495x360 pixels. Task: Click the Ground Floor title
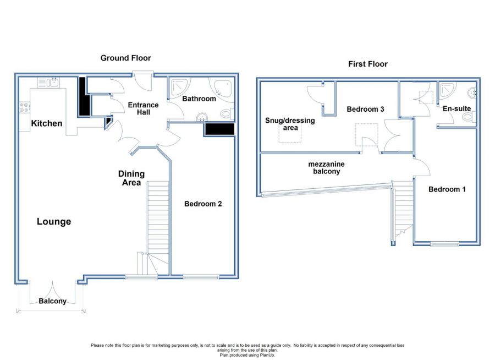pos(125,58)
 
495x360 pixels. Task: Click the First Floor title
pos(368,64)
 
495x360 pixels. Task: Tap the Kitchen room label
pos(47,123)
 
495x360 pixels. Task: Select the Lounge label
pos(54,222)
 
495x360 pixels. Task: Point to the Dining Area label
pos(131,178)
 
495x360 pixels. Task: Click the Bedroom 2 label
pos(203,204)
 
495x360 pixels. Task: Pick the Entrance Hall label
pos(144,108)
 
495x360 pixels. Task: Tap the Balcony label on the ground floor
pos(52,301)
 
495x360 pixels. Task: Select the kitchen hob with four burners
pos(25,107)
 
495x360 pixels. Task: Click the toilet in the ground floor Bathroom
pos(227,113)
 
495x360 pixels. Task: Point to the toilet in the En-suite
pos(469,118)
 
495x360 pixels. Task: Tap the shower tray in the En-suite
pos(448,90)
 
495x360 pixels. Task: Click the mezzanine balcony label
pos(326,168)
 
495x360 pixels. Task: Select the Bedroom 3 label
pos(366,110)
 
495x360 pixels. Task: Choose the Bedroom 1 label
pos(447,189)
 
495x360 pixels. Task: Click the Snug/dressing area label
pos(290,124)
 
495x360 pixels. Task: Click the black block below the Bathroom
pos(220,129)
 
